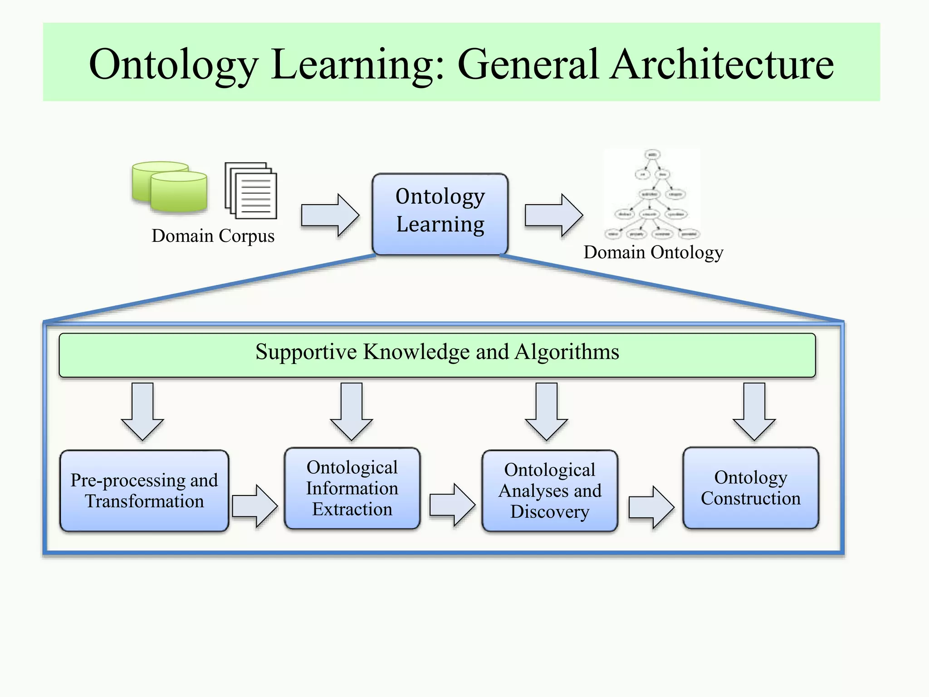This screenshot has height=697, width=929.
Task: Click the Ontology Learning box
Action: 440,214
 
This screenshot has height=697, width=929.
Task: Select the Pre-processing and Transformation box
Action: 144,491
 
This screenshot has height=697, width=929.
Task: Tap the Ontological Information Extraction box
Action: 352,488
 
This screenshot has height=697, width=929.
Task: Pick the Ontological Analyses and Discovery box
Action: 550,491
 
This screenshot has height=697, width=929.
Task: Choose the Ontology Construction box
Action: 751,488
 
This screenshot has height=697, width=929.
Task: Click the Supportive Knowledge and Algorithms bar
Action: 437,355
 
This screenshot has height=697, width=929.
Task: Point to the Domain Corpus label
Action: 213,236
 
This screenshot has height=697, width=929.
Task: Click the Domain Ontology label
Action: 653,252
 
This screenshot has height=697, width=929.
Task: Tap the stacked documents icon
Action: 251,191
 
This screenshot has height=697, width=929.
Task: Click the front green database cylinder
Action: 179,192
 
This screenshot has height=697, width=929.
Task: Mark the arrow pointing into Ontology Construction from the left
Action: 651,507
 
